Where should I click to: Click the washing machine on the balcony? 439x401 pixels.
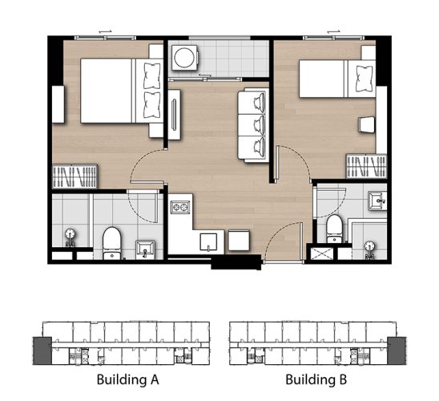(x=185, y=58)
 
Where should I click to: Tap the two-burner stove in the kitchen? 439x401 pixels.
(x=180, y=207)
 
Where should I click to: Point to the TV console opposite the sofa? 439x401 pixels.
(x=174, y=115)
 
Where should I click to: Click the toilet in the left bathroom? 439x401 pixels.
(x=111, y=243)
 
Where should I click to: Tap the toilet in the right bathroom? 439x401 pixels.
(x=334, y=229)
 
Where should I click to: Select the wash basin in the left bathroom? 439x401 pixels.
(x=145, y=249)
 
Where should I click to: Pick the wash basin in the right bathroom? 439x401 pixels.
(x=377, y=200)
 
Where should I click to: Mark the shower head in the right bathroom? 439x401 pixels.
(x=369, y=249)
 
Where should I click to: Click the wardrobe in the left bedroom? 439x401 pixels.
(x=75, y=176)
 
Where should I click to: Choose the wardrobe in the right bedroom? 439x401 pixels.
(x=366, y=166)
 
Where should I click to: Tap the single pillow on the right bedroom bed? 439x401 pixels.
(x=364, y=79)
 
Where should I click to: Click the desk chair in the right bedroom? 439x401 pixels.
(x=366, y=124)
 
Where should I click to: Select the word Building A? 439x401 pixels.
(x=127, y=380)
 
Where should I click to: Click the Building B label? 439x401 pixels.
(x=316, y=380)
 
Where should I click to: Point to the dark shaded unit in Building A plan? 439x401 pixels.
(x=42, y=350)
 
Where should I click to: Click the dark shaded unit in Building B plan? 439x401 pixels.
(x=397, y=350)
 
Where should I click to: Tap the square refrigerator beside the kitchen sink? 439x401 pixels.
(x=239, y=240)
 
